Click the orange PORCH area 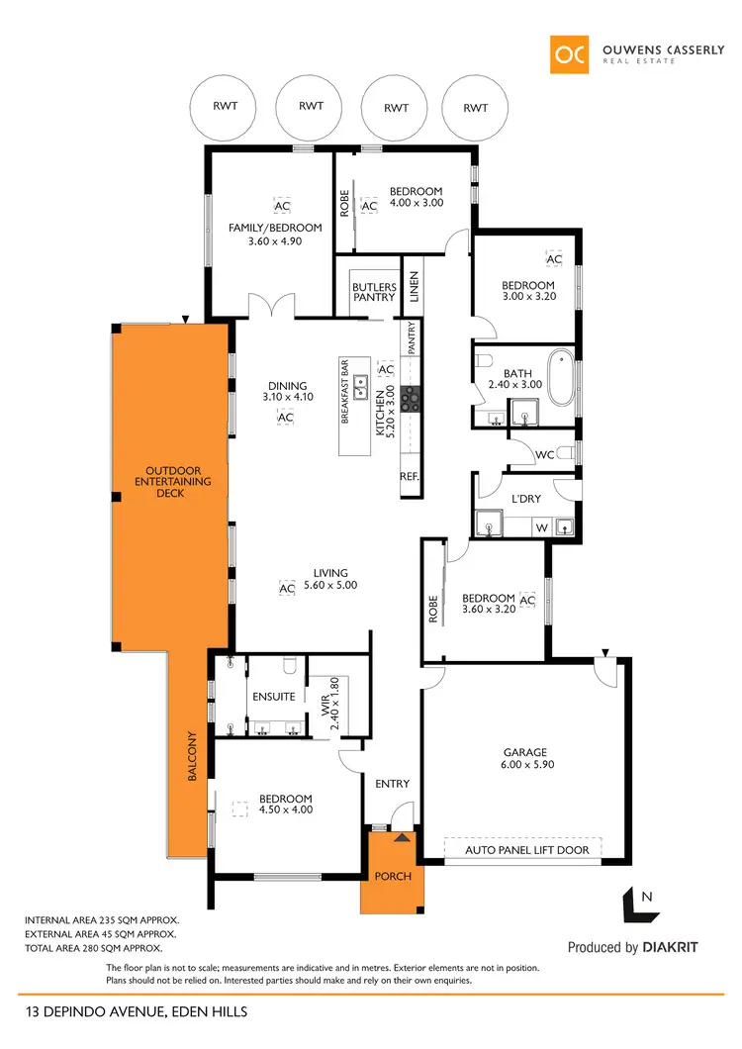[x=392, y=874]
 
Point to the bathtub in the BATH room [x=560, y=378]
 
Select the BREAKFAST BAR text [x=346, y=391]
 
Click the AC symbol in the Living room [x=287, y=589]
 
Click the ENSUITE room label [x=273, y=697]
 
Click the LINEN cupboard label [x=414, y=287]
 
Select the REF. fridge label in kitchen [x=410, y=476]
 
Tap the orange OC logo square [x=572, y=54]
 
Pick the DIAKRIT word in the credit [x=670, y=947]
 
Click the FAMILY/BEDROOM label [x=275, y=234]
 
